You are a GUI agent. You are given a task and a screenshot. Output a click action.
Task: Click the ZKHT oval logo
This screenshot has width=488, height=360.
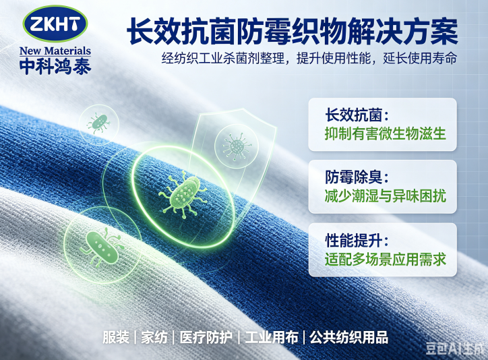point(55,24)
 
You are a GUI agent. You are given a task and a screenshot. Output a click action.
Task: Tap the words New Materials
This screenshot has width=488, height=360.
point(55,51)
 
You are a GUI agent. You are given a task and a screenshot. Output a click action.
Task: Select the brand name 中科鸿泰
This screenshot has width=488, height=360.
point(55,66)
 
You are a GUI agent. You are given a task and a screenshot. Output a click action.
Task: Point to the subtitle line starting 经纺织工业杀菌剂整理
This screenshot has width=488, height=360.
point(309,58)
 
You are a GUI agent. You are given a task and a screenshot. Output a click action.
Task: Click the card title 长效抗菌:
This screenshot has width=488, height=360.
point(357,115)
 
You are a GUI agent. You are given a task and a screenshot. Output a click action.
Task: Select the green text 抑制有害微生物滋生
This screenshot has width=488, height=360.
point(386,133)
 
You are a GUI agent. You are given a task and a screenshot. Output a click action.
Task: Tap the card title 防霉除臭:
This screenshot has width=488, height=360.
point(357,177)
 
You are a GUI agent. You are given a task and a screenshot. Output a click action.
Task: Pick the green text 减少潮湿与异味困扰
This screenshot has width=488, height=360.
point(386,196)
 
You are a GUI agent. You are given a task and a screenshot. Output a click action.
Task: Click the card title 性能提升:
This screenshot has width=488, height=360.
point(357,240)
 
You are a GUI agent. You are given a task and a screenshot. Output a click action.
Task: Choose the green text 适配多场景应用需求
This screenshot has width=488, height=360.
point(386,259)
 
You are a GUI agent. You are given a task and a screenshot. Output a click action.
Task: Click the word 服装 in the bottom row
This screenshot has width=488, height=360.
point(116,337)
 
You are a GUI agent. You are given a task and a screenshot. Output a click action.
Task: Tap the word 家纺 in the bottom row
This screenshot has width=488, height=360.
point(154,337)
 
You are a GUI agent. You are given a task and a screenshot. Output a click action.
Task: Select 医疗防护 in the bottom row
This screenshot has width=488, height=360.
point(206,337)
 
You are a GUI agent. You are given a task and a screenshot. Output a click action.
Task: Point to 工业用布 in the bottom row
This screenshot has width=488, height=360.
point(271,337)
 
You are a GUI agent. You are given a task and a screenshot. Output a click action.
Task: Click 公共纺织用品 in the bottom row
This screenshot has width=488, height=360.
point(349,337)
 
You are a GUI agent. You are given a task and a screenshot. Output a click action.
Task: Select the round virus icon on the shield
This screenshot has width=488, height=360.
point(237,146)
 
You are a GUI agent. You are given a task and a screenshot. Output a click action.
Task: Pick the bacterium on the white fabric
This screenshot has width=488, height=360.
point(102,247)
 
